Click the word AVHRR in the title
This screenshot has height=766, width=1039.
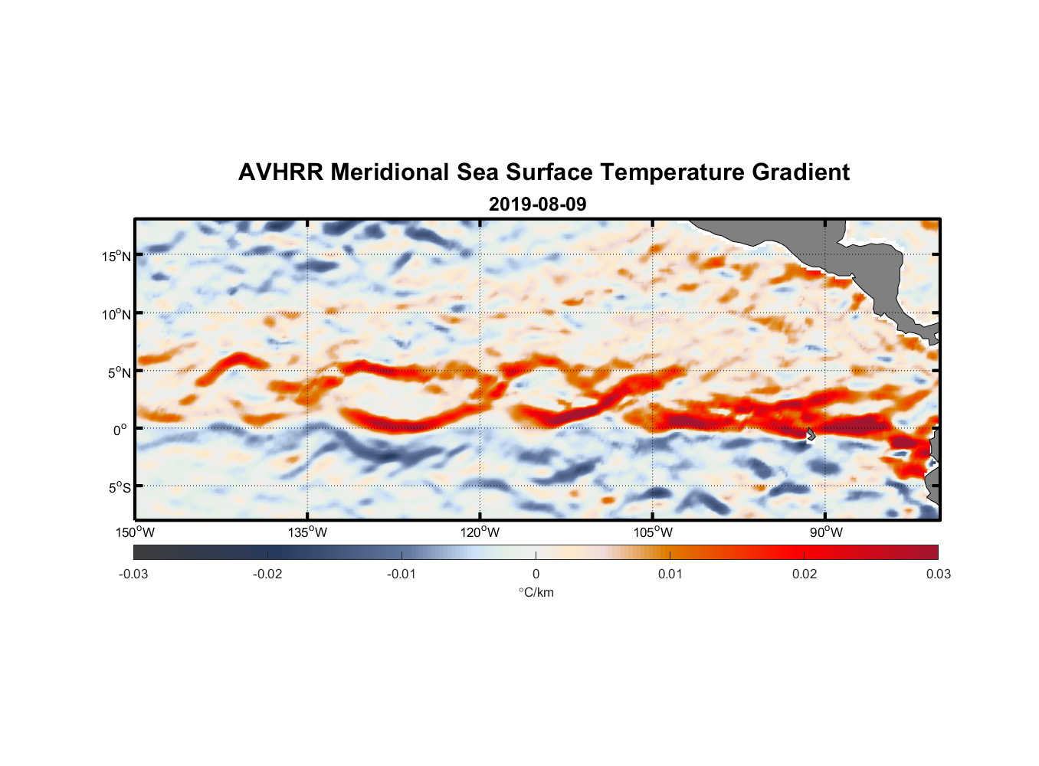[x=280, y=172]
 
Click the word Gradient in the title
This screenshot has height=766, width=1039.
[x=800, y=172]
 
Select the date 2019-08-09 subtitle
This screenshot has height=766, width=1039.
[x=537, y=205]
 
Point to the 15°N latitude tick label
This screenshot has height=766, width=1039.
[x=116, y=256]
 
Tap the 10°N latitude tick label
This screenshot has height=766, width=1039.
[x=116, y=314]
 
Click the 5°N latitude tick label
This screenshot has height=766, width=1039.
[x=119, y=372]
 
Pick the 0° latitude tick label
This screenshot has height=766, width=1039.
[x=120, y=430]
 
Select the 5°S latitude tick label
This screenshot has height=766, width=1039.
[x=119, y=488]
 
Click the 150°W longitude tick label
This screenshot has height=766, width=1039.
[x=136, y=532]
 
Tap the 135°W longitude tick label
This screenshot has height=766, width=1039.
[x=308, y=532]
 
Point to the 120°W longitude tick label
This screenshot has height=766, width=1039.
[x=480, y=532]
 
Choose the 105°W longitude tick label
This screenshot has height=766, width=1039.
[x=653, y=532]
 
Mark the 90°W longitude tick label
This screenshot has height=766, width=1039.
[x=826, y=532]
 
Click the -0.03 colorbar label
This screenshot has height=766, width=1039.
[x=133, y=574]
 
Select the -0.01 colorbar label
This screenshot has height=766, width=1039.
[x=401, y=574]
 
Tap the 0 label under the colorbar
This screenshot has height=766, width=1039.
[x=536, y=574]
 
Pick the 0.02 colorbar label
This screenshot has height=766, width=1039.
[x=804, y=574]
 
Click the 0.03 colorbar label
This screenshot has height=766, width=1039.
[x=938, y=574]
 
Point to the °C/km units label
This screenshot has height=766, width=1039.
[x=536, y=592]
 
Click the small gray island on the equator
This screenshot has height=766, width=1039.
[x=811, y=434]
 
